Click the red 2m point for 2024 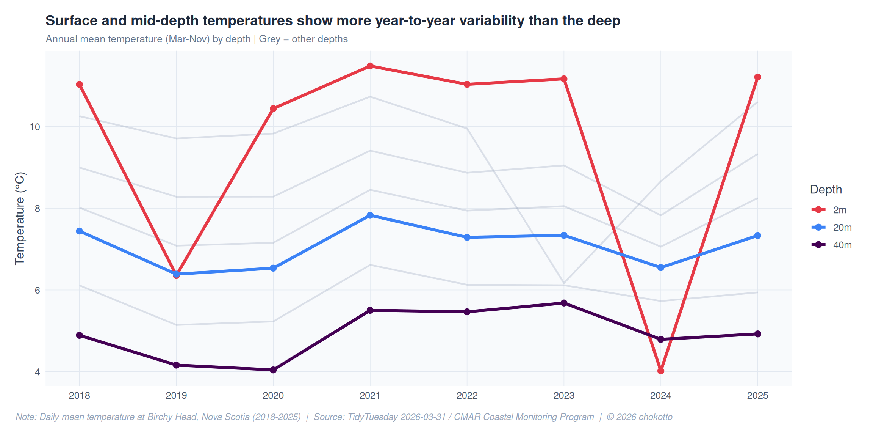[x=661, y=371]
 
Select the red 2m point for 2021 [x=370, y=66]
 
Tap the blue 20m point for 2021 [x=370, y=215]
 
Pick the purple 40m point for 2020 [x=273, y=370]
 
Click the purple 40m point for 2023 [x=564, y=303]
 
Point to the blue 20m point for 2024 [x=661, y=267]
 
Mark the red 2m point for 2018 [x=80, y=84]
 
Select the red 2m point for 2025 [x=758, y=77]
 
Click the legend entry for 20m [x=842, y=228]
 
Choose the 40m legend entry [x=842, y=245]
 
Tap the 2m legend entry [x=839, y=210]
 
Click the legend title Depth [x=826, y=189]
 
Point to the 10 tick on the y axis [x=35, y=127]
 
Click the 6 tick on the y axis [x=37, y=290]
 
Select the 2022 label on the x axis [x=467, y=396]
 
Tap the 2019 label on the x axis [x=176, y=396]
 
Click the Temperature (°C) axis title [x=20, y=218]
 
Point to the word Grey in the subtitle [x=269, y=39]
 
